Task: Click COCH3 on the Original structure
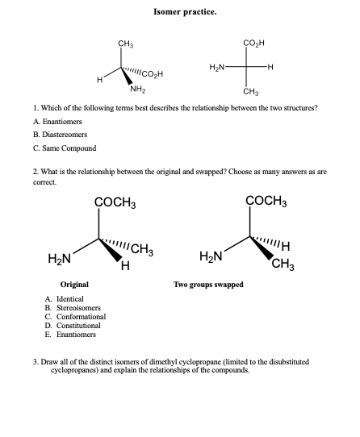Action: coord(115,201)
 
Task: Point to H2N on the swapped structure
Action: coord(211,256)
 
